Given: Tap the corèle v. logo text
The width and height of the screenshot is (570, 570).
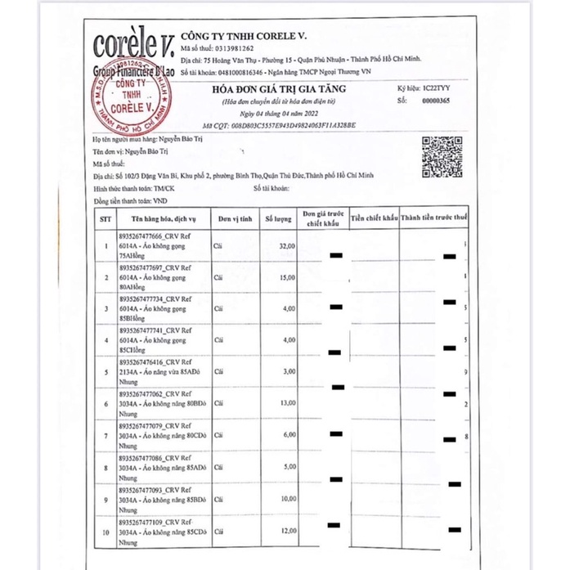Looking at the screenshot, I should click(x=131, y=43).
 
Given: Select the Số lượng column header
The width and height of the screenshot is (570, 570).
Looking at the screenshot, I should click(x=276, y=219).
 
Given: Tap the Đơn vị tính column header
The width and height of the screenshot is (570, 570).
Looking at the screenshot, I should click(x=233, y=219).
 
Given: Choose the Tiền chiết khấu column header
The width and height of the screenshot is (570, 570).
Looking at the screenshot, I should click(x=374, y=219).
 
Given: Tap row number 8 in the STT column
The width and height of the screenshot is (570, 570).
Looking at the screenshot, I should click(x=105, y=467).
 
